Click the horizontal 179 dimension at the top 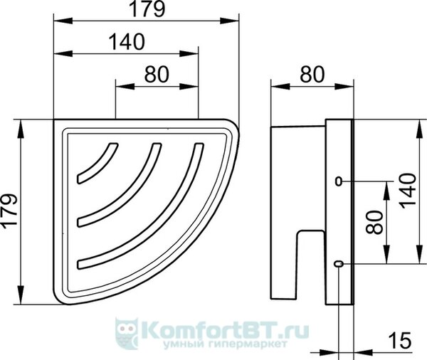pos(147,9)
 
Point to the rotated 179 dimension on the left pos(9,210)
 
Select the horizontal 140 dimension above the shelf pos(127,42)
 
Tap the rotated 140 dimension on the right pos(408,191)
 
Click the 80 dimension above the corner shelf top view pos(157,74)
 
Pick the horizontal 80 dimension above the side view pos(312,74)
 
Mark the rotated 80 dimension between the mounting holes pos(374,222)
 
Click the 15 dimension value pos(399,340)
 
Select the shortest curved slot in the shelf pos(97,163)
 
